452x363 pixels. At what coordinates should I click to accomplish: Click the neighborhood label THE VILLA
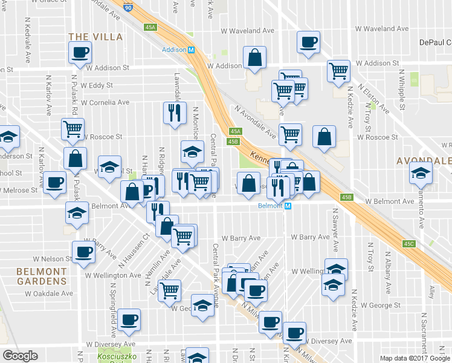click(x=95, y=37)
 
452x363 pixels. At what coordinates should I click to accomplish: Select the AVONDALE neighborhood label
click(x=423, y=162)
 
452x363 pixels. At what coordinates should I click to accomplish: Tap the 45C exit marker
click(x=409, y=244)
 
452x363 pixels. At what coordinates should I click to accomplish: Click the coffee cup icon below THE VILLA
click(x=81, y=52)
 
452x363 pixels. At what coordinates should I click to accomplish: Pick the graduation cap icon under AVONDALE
click(x=421, y=174)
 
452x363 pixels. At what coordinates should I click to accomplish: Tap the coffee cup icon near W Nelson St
click(x=83, y=252)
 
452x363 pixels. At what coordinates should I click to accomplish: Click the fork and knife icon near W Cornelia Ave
click(x=173, y=113)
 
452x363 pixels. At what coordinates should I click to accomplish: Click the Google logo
click(x=21, y=356)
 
